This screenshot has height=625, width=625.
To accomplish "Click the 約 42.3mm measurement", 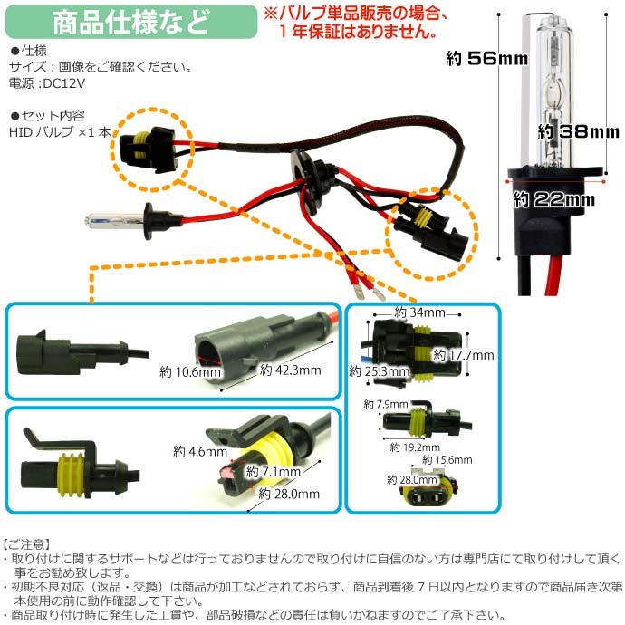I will point(290,370).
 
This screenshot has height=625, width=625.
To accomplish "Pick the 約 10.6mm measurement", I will point(190,371).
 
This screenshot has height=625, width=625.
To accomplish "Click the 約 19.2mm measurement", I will point(411,447).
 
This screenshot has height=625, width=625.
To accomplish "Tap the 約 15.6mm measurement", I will point(448,460).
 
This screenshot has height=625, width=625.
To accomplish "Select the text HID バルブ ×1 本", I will point(62,131).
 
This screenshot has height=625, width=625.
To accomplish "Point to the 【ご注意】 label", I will point(29,544).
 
